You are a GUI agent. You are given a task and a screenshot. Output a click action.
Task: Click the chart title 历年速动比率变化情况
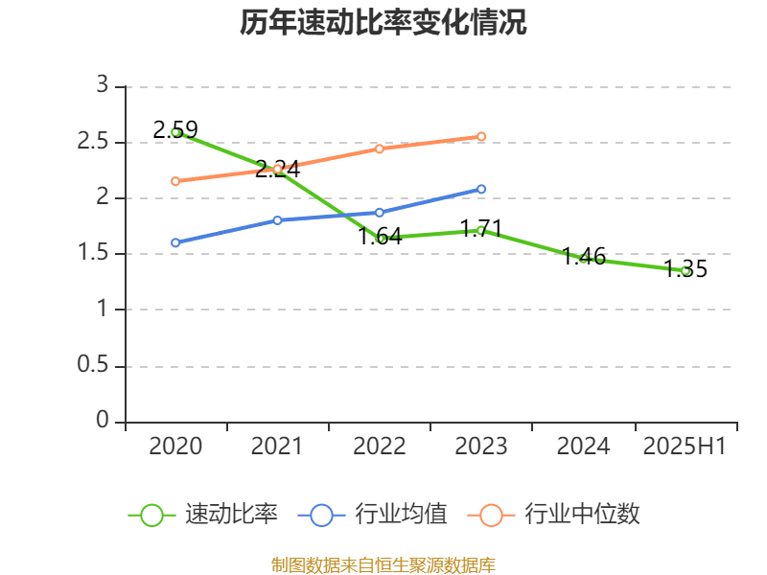point(383,23)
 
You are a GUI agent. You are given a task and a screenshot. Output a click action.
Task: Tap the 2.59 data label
point(175,129)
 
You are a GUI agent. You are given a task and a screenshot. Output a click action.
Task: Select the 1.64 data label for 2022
point(380,236)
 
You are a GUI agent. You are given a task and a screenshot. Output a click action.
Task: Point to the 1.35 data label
point(686,268)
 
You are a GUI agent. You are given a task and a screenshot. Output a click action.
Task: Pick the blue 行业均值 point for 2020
point(175,242)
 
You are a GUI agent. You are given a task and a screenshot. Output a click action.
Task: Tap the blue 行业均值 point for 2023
point(481,189)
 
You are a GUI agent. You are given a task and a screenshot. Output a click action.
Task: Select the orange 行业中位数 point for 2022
point(380,149)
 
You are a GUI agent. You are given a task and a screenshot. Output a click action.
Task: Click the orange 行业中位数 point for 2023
point(481,136)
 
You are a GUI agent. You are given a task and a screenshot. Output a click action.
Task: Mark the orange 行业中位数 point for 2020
point(175,181)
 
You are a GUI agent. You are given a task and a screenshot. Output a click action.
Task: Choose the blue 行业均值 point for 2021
point(277,220)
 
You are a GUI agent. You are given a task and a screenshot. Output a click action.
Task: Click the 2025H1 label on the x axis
point(685,447)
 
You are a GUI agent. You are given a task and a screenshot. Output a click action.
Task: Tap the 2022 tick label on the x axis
point(380,447)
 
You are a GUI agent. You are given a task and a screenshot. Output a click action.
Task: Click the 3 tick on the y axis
point(103,86)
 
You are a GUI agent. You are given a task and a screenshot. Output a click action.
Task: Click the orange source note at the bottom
point(383,564)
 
